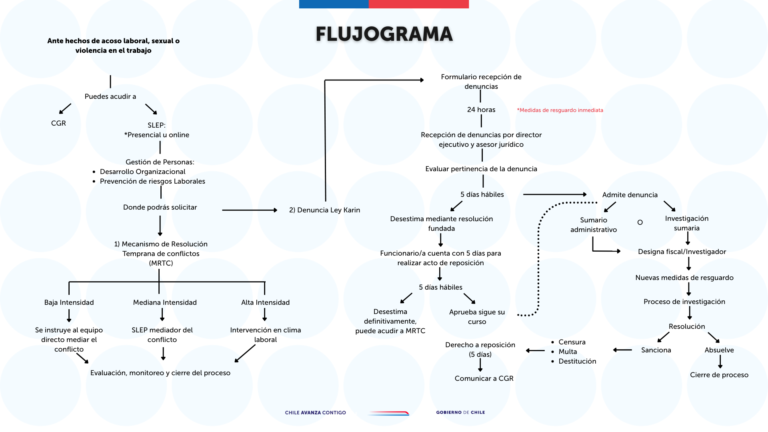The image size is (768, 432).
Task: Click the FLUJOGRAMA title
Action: pyautogui.click(x=384, y=34)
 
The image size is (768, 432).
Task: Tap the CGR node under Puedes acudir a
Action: pyautogui.click(x=58, y=123)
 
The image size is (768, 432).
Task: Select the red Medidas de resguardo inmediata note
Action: pyautogui.click(x=560, y=110)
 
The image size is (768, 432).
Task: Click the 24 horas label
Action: pyautogui.click(x=481, y=110)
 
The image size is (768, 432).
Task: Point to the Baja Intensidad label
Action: pyautogui.click(x=69, y=302)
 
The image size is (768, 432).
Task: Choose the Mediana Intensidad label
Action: pyautogui.click(x=165, y=302)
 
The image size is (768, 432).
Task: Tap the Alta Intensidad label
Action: pyautogui.click(x=265, y=302)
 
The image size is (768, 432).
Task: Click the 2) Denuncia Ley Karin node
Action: pyautogui.click(x=324, y=210)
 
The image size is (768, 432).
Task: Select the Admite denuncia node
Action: pyautogui.click(x=630, y=195)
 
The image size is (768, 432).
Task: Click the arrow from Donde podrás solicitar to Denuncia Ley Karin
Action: pyautogui.click(x=250, y=210)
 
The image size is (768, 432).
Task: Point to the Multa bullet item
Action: pyautogui.click(x=568, y=352)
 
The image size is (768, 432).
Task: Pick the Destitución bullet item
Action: pyautogui.click(x=577, y=361)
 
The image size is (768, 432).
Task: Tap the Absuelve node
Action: pyautogui.click(x=719, y=350)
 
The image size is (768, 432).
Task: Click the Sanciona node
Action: pyautogui.click(x=656, y=350)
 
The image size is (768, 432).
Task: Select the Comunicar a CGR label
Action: pyautogui.click(x=484, y=378)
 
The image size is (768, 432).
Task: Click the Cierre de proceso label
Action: pyautogui.click(x=719, y=375)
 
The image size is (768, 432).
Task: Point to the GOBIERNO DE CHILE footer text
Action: pyautogui.click(x=460, y=412)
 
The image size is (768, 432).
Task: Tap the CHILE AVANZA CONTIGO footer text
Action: pyautogui.click(x=315, y=412)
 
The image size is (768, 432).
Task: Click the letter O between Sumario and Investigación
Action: pyautogui.click(x=640, y=222)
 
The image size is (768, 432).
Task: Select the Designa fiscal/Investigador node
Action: pyautogui.click(x=682, y=252)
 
